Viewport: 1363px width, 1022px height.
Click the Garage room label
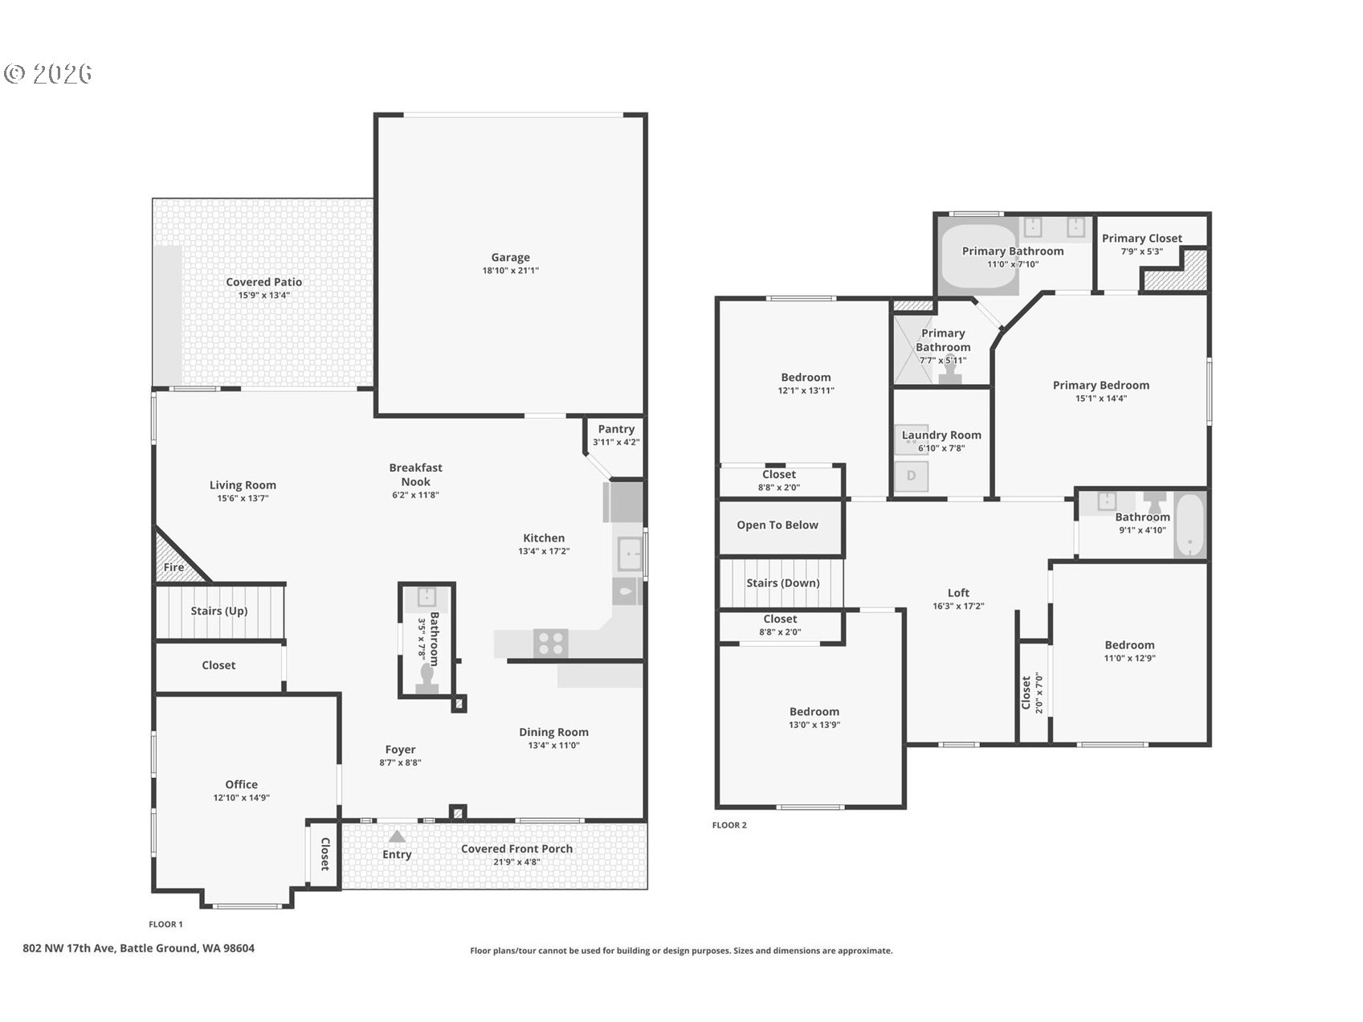click(x=510, y=257)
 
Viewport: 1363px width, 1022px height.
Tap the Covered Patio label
click(x=263, y=282)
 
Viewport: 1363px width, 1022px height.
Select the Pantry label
click(x=616, y=429)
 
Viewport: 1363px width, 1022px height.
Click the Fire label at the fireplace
click(x=173, y=567)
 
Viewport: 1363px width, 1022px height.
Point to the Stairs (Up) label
click(x=218, y=611)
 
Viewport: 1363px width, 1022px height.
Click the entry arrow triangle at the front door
click(x=397, y=836)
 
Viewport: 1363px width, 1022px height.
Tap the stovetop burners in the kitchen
click(x=550, y=644)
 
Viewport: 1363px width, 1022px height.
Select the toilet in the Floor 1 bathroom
click(x=426, y=681)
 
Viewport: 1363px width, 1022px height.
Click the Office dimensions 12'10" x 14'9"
click(x=241, y=798)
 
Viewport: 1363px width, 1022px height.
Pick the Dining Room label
click(x=553, y=732)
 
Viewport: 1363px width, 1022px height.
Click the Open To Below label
click(x=777, y=525)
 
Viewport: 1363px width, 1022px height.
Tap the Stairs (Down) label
click(x=782, y=583)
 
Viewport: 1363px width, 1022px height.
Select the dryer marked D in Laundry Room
click(x=912, y=476)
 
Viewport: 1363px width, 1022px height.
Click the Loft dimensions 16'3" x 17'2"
click(x=958, y=607)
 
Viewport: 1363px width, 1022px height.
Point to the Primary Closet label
click(x=1141, y=238)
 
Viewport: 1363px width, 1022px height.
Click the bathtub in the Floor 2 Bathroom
click(x=1190, y=525)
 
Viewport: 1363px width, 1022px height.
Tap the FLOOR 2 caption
click(x=729, y=825)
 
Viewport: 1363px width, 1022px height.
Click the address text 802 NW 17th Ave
click(x=71, y=948)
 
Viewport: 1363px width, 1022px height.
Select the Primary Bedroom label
click(x=1100, y=385)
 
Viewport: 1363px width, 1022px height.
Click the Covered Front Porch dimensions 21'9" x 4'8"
click(x=516, y=862)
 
